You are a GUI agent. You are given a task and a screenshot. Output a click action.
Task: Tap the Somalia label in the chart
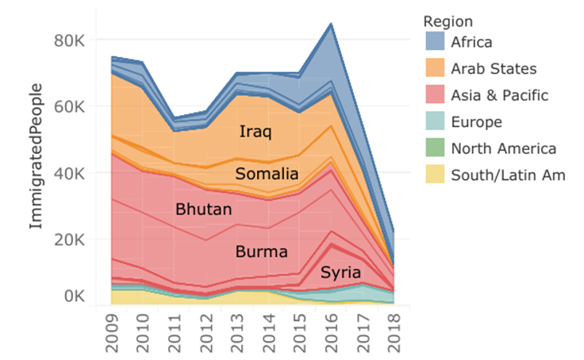pos(267,174)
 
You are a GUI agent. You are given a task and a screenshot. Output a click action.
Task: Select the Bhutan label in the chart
pos(203,210)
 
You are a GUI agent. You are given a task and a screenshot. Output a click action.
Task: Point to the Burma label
pos(261,252)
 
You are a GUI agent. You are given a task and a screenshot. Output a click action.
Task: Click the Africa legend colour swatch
pos(436,41)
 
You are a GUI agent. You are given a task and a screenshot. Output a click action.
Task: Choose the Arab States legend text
pos(494,68)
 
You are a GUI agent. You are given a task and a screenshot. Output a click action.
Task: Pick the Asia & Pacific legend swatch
pos(436,95)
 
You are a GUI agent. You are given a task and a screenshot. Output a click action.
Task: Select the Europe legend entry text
pos(476,122)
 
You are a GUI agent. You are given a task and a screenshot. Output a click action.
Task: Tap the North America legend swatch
pos(436,148)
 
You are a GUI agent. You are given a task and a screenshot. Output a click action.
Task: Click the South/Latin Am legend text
pos(508,175)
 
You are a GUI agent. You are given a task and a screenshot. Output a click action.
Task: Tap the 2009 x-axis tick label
pos(113,332)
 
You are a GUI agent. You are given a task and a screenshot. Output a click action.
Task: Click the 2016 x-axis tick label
pos(329,332)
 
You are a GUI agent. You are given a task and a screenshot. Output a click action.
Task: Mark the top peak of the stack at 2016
pos(329,24)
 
